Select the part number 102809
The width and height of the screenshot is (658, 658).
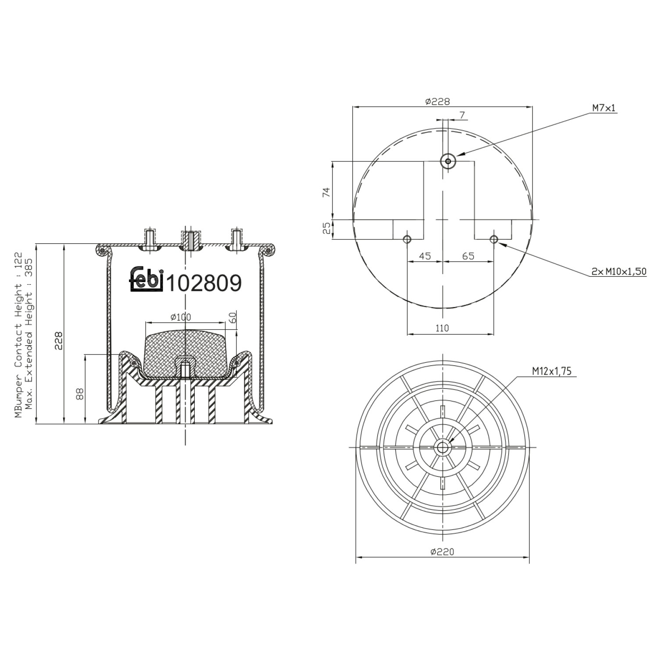click(x=205, y=283)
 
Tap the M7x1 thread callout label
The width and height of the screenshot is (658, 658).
click(x=604, y=107)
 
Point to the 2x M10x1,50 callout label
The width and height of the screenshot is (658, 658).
click(x=619, y=272)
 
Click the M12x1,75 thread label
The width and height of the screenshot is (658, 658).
click(x=552, y=371)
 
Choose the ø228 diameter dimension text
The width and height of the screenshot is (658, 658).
click(x=437, y=101)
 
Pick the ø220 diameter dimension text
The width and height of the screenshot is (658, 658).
click(x=442, y=551)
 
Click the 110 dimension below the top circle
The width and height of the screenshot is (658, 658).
click(x=442, y=328)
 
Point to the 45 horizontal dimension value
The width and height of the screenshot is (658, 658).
click(x=424, y=256)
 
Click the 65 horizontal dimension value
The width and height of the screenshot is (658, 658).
click(x=468, y=256)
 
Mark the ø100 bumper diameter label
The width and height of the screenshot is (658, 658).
click(x=181, y=317)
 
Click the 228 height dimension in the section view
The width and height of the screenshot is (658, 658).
click(x=59, y=340)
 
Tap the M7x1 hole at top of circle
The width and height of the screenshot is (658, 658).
click(x=448, y=161)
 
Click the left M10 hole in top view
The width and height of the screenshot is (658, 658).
click(x=407, y=239)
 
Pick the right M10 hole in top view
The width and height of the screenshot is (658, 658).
click(x=494, y=239)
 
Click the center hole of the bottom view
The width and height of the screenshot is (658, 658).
click(x=442, y=447)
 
